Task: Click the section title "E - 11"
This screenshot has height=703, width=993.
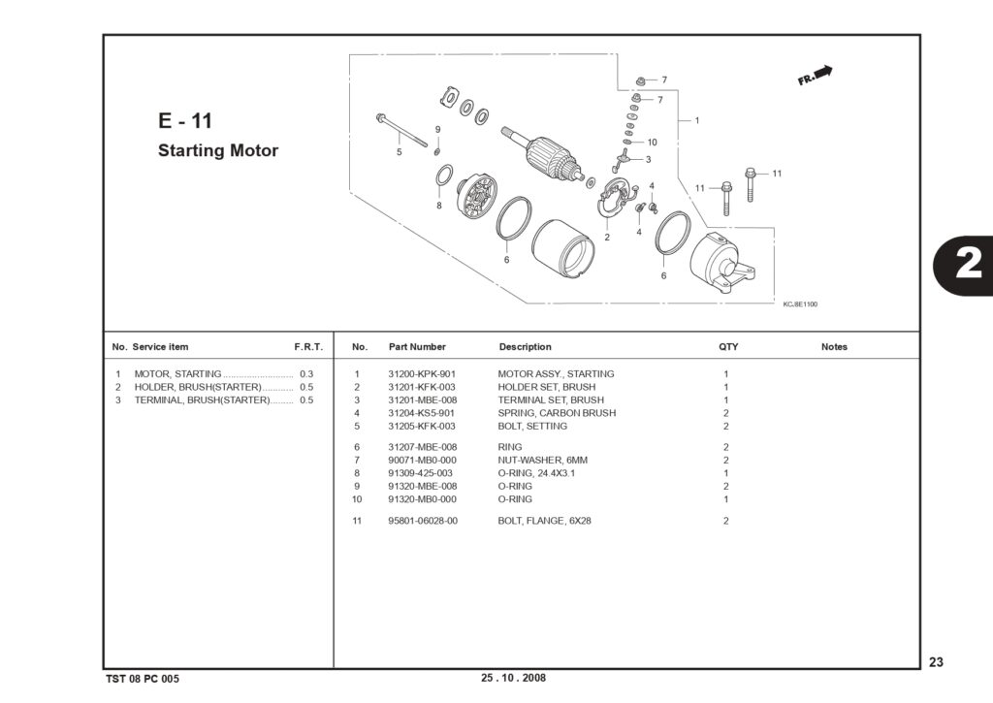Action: coord(185,120)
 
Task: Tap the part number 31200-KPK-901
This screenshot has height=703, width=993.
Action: coord(422,374)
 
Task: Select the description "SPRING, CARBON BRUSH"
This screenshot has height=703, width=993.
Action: coord(557,413)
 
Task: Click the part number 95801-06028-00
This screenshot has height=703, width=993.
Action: coord(423,521)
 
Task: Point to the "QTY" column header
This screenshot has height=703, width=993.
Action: coord(728,347)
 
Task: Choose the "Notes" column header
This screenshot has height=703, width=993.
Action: coord(834,347)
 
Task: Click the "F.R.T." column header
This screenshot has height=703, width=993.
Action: coord(308,347)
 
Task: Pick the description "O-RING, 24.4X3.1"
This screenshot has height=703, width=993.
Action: coord(536,473)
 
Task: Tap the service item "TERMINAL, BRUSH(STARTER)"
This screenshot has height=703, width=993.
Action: coord(202,400)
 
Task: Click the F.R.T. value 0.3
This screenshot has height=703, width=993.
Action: coord(306,374)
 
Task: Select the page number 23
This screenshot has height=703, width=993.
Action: coord(936,662)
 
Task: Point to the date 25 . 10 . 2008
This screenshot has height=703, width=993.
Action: coord(513,678)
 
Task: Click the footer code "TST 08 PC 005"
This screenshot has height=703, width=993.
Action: coord(143,679)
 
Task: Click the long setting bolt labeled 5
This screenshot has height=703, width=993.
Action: coord(401,131)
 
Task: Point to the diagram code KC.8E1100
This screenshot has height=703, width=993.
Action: coord(800,304)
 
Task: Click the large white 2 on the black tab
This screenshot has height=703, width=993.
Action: coord(969,263)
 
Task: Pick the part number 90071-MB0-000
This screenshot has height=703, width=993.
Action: coord(422,461)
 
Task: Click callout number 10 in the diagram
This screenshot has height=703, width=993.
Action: coord(652,143)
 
